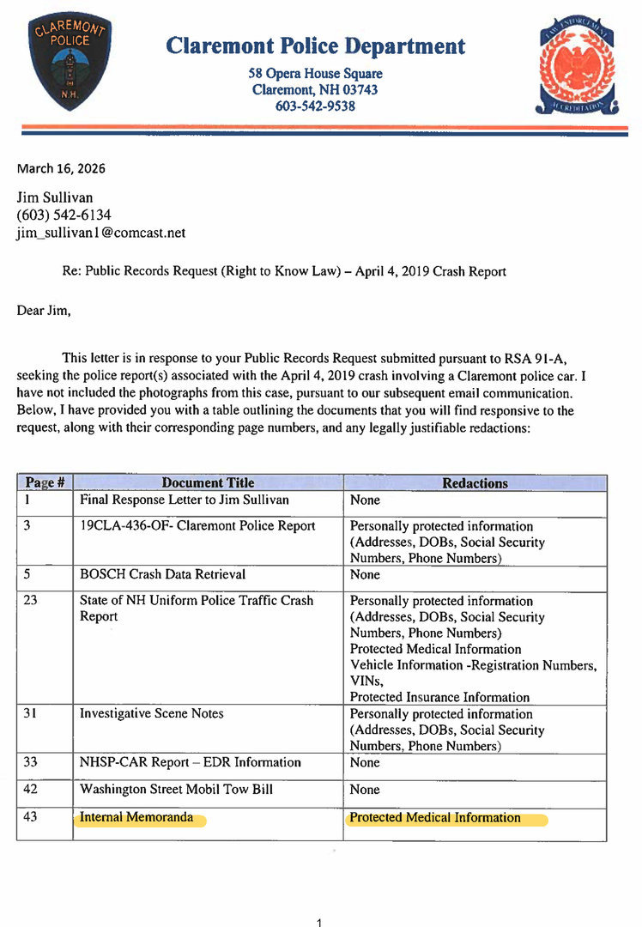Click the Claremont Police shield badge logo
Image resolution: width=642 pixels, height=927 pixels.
point(70,60)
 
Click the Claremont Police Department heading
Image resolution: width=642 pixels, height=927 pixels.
point(315,45)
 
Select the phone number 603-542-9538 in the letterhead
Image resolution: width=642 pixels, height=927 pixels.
point(315,106)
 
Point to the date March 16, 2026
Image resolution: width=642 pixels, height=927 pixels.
point(61,168)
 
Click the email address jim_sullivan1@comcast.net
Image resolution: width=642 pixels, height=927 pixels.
point(101,233)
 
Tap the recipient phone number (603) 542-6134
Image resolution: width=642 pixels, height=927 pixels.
point(64,215)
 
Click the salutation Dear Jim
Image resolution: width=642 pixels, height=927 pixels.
point(44,311)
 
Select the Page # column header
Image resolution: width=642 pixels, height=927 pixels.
point(45,483)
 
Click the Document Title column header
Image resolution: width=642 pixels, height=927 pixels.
point(208,483)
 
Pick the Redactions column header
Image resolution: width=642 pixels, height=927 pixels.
point(475,483)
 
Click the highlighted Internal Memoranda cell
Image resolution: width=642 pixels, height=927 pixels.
point(136,817)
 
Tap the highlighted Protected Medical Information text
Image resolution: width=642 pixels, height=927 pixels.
point(435,817)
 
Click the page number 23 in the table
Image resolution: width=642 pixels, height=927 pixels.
point(31,601)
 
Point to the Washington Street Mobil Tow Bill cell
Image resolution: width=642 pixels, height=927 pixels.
point(176,789)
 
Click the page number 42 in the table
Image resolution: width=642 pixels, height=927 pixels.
point(31,789)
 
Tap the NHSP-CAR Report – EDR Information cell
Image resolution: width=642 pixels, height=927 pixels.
point(191,762)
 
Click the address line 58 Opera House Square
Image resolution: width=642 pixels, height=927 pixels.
point(315,74)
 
